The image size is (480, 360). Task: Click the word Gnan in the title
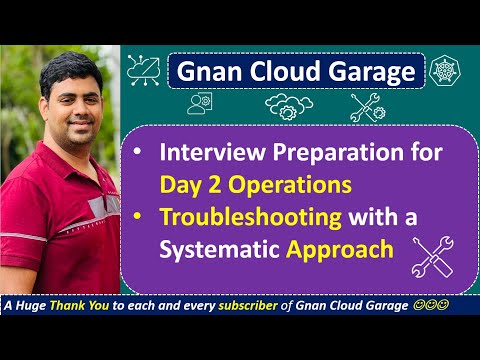(x=203, y=72)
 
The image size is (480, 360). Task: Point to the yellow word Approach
(x=340, y=248)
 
